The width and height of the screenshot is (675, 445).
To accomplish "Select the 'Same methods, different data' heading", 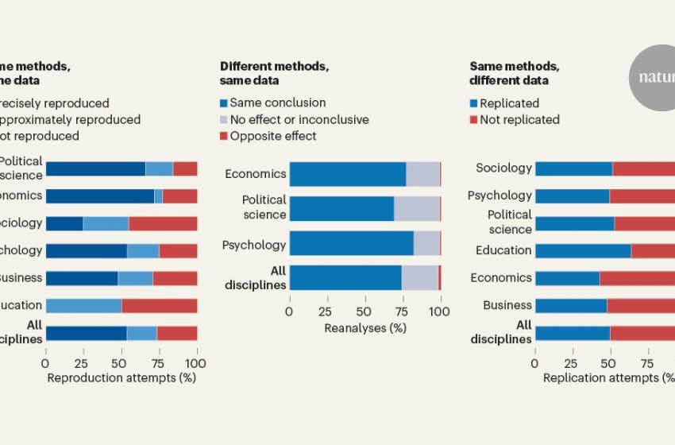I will point(509,73).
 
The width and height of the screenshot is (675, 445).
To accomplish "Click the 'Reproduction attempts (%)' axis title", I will point(121,377).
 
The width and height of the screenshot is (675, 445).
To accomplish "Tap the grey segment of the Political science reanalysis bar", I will point(417,208).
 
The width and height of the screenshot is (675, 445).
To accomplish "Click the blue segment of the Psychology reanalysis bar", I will point(351,243).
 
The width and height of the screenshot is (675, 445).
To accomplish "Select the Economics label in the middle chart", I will point(255,174).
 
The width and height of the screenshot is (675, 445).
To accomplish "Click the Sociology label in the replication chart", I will point(503,168).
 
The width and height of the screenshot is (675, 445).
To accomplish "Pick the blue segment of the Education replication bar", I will point(583,250).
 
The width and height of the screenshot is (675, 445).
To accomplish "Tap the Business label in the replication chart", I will point(507,305).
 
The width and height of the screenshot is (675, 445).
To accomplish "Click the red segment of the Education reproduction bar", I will point(159,305).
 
